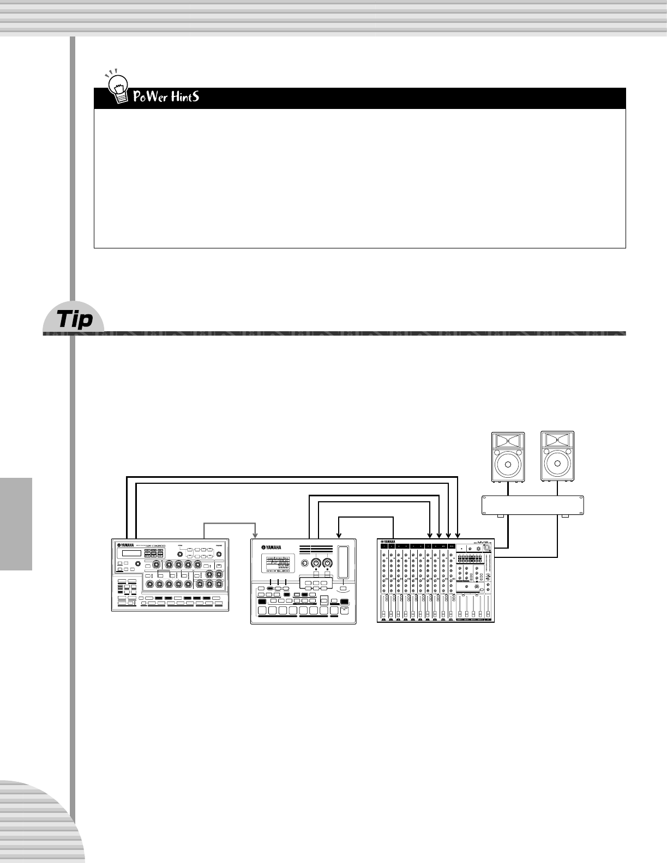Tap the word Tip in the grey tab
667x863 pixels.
pyautogui.click(x=75, y=320)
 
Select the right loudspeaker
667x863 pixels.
pyautogui.click(x=557, y=457)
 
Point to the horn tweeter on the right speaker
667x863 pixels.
pyautogui.click(x=557, y=440)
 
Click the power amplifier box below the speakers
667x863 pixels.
pyautogui.click(x=533, y=505)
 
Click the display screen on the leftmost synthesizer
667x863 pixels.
pyautogui.click(x=129, y=554)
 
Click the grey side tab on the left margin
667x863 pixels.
pyautogui.click(x=16, y=523)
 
